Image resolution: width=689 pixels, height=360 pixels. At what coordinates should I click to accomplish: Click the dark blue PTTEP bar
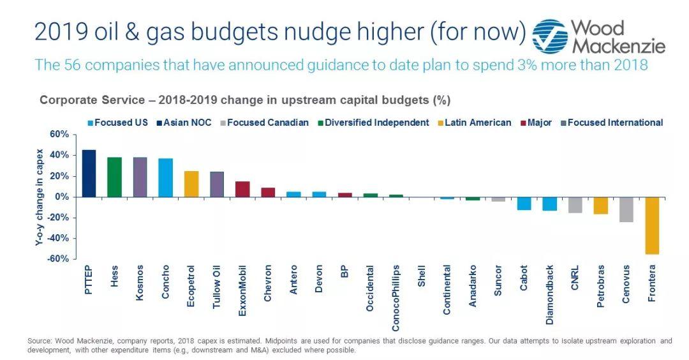tap(89, 173)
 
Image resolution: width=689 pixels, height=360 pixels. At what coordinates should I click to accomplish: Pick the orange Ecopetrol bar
tap(191, 184)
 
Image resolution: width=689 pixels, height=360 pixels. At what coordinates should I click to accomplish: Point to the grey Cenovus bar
tap(626, 209)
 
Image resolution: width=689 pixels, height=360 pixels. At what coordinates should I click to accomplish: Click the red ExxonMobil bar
tap(242, 189)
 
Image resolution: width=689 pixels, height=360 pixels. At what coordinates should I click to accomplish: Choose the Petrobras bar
tap(600, 205)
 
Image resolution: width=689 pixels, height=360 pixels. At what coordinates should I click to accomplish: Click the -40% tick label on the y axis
tap(57, 238)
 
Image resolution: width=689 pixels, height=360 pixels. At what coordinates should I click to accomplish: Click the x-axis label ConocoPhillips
tap(396, 297)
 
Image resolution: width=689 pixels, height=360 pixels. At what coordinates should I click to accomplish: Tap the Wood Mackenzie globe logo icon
tap(549, 36)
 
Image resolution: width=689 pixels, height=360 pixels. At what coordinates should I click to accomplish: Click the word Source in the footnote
tap(38, 341)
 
